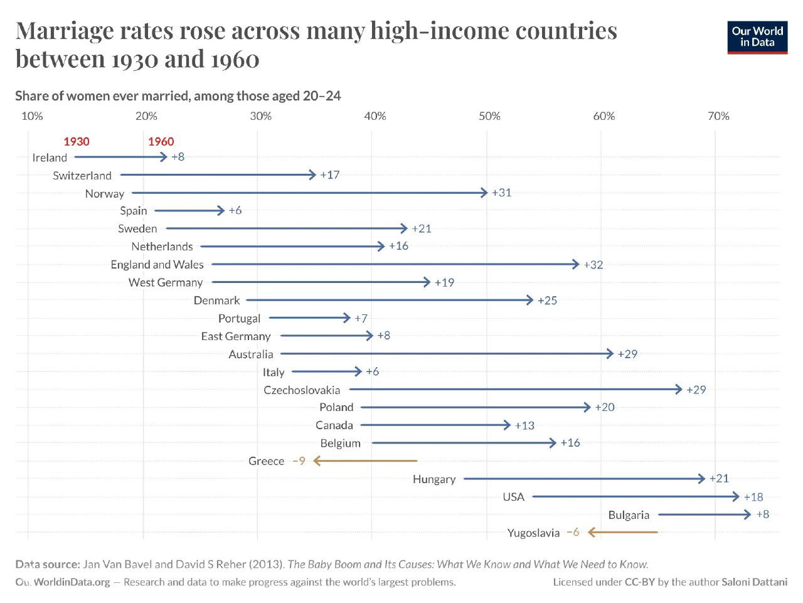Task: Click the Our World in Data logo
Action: click(757, 38)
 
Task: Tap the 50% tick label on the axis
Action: click(489, 116)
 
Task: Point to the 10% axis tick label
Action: click(32, 116)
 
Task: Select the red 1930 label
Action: click(77, 142)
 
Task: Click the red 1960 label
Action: click(161, 142)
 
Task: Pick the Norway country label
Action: click(105, 194)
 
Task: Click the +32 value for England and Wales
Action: click(593, 265)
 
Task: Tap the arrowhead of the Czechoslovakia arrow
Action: click(679, 390)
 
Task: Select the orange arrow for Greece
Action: click(365, 461)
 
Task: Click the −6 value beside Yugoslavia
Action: click(572, 532)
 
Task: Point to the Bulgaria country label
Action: click(629, 515)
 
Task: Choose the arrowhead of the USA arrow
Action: click(736, 497)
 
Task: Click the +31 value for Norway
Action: click(502, 193)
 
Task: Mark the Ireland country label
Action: click(50, 158)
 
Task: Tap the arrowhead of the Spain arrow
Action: click(221, 211)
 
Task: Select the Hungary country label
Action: click(434, 479)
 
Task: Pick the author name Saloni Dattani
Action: click(755, 582)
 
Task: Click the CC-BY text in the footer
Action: click(640, 582)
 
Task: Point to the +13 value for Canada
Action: click(524, 425)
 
